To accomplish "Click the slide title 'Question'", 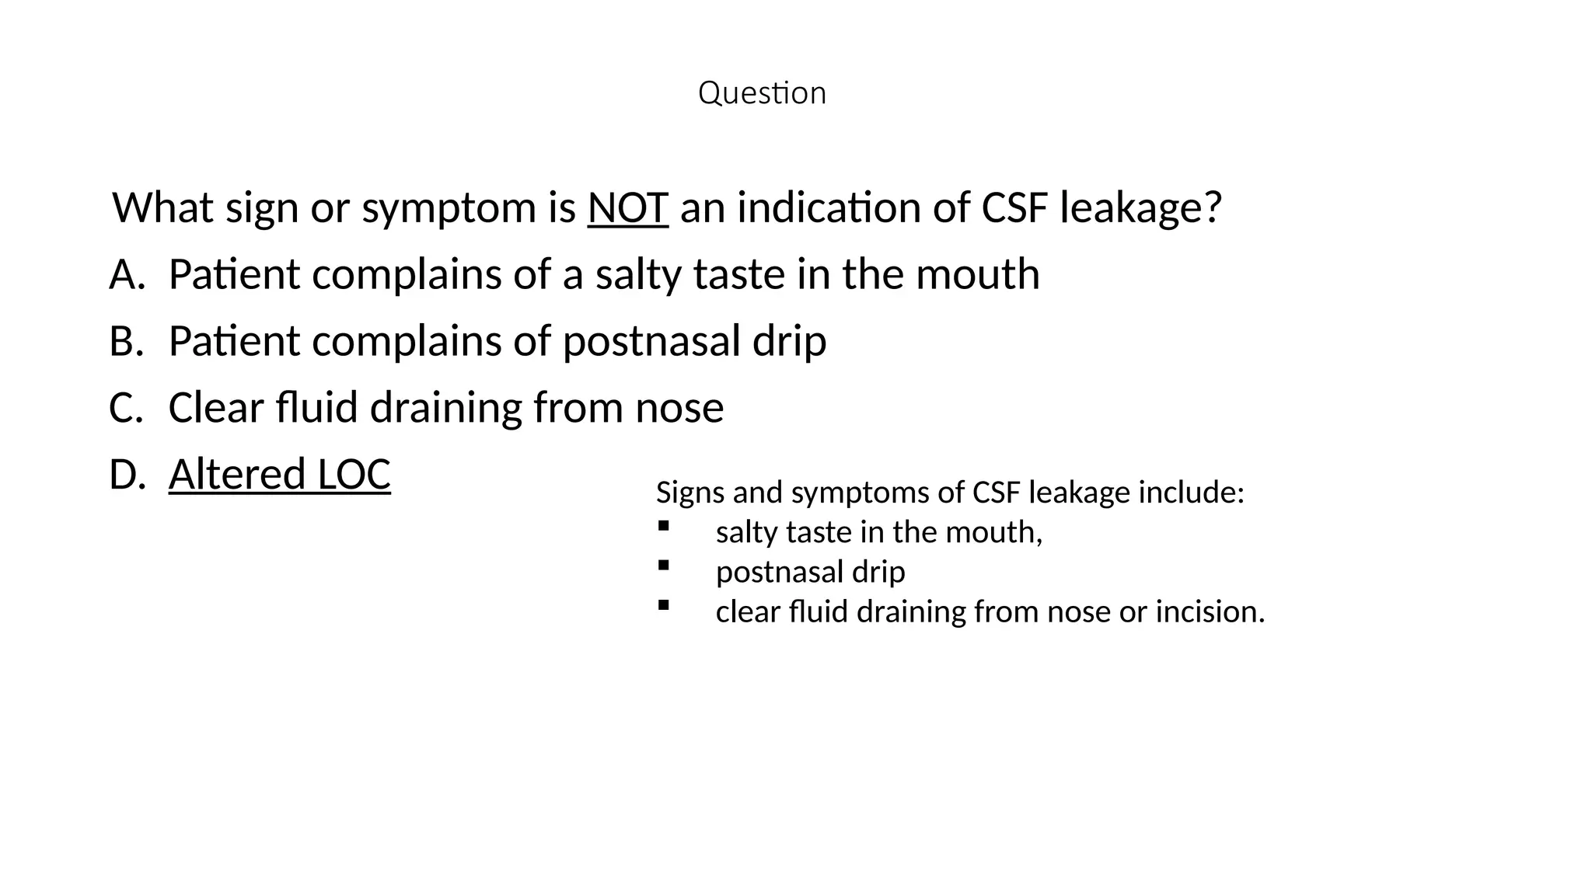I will tap(762, 93).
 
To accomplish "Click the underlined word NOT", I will tap(627, 207).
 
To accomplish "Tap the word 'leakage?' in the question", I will tap(1140, 207).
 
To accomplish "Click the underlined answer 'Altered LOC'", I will tap(279, 474).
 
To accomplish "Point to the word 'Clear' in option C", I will tap(216, 408).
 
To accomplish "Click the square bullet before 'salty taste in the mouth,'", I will tap(663, 526).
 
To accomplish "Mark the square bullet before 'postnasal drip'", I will tap(663, 566).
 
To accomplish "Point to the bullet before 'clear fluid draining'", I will tap(663, 605).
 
